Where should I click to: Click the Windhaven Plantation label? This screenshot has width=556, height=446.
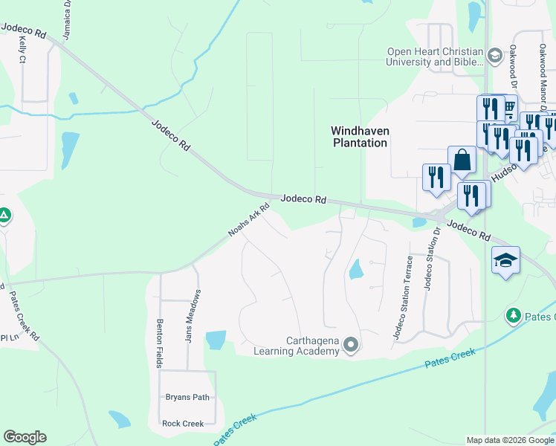click(x=360, y=136)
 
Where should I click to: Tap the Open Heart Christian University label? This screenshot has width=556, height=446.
click(x=434, y=56)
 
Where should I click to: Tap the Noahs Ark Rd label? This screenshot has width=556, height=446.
click(x=248, y=221)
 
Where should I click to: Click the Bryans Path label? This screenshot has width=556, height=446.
click(x=187, y=397)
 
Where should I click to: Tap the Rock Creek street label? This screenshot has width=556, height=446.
click(x=183, y=424)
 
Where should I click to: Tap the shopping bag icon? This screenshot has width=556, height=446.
click(x=462, y=160)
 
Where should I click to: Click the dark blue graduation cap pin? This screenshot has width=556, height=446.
click(x=505, y=261)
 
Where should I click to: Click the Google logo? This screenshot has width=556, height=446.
click(x=25, y=437)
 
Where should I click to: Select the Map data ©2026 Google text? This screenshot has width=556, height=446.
click(x=510, y=440)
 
